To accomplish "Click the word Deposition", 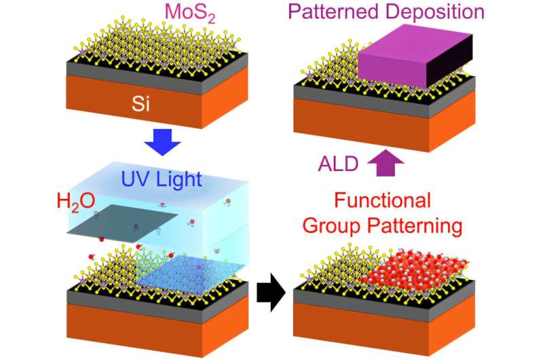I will [445, 13].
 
